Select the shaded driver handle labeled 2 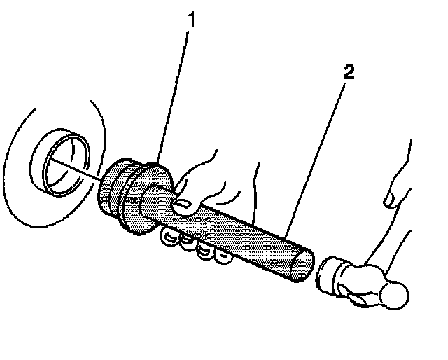point(238,231)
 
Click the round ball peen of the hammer point(395,295)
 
